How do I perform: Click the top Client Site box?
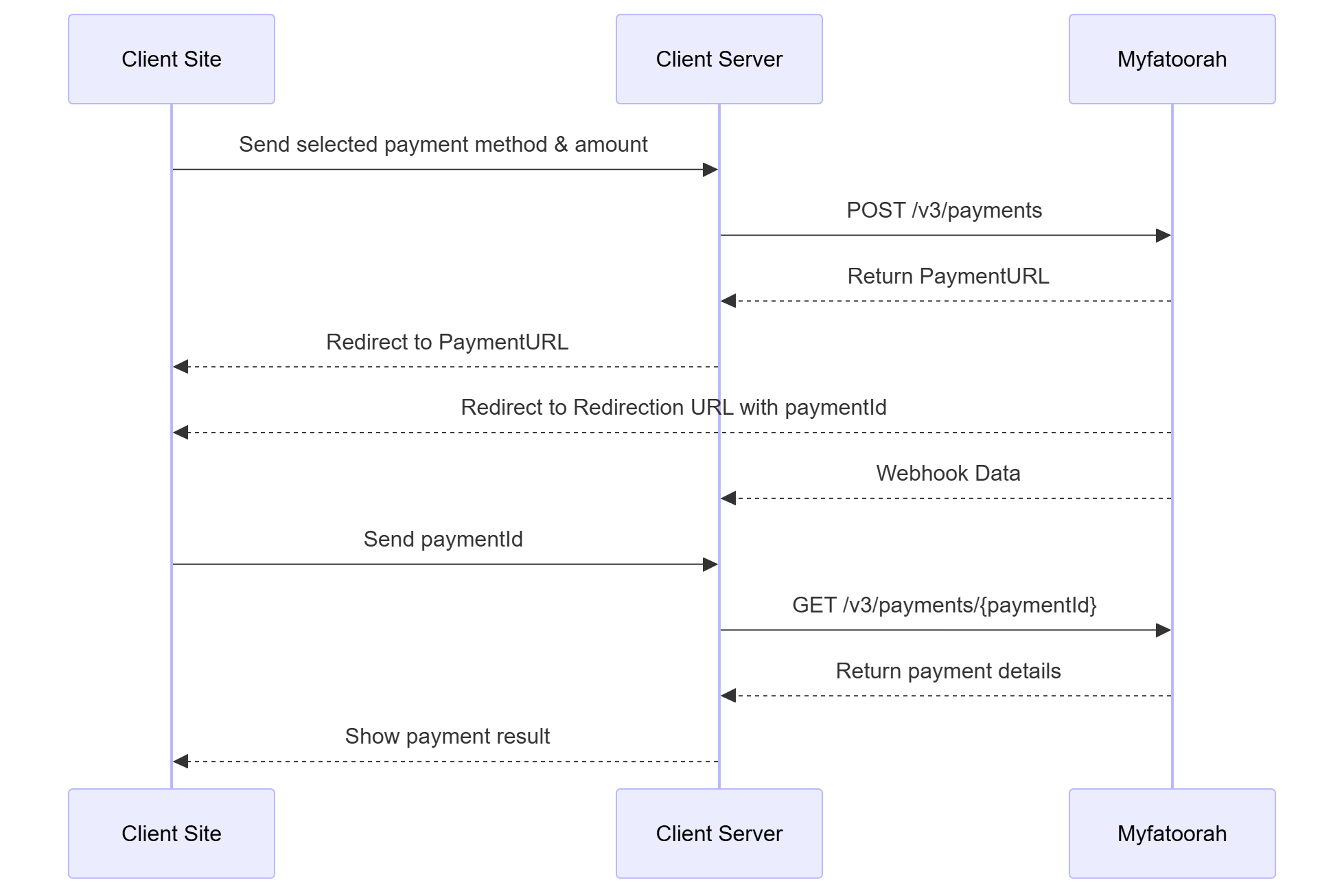[172, 59]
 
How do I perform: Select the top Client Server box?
[719, 59]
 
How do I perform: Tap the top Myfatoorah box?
[1172, 59]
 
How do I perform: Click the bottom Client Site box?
[172, 833]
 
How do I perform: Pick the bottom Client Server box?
[719, 833]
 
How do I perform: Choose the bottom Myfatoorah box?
[1172, 833]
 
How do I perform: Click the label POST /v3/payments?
[944, 210]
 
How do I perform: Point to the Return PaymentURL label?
[948, 276]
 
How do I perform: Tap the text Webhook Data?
[948, 473]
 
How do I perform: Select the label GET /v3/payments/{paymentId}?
[944, 605]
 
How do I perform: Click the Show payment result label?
[447, 736]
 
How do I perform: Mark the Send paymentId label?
[443, 539]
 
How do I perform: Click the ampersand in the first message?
[561, 145]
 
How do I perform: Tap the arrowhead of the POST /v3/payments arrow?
[1163, 236]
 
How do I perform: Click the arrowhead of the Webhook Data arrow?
[729, 498]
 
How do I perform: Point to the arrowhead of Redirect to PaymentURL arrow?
[181, 367]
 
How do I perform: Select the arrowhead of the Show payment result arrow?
[181, 761]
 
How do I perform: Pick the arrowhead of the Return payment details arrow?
[729, 696]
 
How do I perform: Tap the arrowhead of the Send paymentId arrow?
[710, 564]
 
